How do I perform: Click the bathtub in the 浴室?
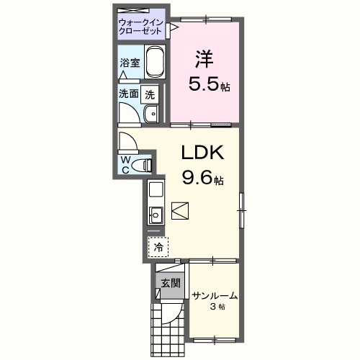click(x=155, y=61)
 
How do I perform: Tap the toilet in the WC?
click(x=142, y=165)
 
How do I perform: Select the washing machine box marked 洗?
click(x=150, y=94)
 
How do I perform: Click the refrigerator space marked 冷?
click(x=158, y=247)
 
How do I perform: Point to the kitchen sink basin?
click(x=156, y=215)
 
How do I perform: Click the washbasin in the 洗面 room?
click(x=151, y=114)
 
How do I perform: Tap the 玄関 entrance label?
click(x=171, y=283)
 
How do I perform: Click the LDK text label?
click(x=202, y=152)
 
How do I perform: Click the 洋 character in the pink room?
click(x=204, y=58)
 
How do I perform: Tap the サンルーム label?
click(x=215, y=296)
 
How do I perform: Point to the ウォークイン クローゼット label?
click(x=140, y=27)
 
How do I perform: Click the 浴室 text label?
click(x=130, y=63)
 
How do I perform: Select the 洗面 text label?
click(x=129, y=94)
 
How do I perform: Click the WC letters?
click(x=125, y=164)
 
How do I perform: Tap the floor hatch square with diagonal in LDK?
click(x=180, y=211)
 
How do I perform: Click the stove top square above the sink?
click(x=156, y=189)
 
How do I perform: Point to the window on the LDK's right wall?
click(x=242, y=210)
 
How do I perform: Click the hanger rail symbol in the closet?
click(x=133, y=11)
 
